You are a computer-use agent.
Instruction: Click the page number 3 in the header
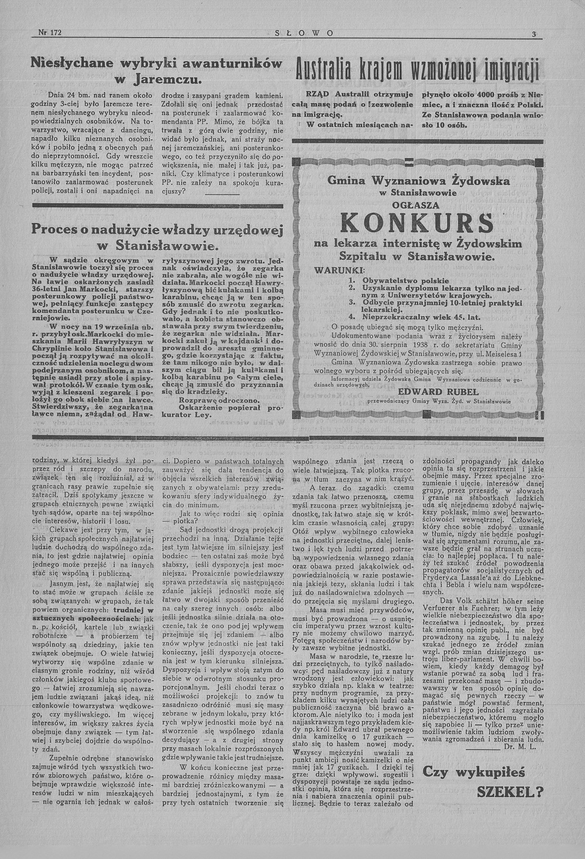[534, 34]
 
